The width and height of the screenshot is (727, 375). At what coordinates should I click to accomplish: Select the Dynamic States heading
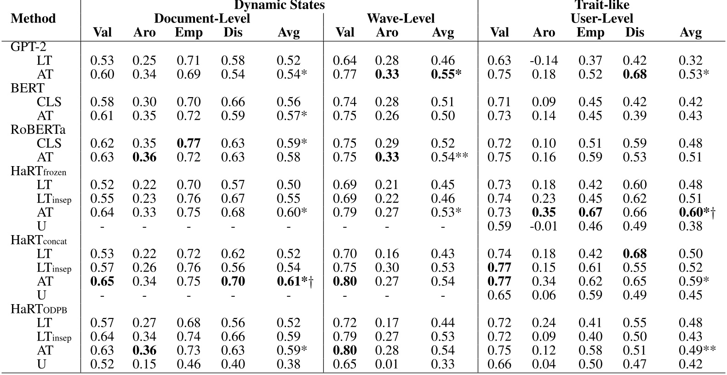(279, 5)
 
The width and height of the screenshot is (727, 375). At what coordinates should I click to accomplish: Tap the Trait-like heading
(602, 5)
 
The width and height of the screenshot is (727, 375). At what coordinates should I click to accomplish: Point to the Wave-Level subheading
(401, 18)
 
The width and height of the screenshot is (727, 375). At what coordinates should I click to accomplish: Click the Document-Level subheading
(202, 18)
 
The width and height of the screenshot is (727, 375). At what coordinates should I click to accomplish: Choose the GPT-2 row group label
(28, 46)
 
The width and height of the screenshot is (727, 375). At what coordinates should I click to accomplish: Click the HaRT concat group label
(39, 240)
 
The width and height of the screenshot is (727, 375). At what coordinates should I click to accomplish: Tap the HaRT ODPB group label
(39, 309)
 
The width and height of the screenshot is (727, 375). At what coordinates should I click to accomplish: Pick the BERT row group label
(27, 88)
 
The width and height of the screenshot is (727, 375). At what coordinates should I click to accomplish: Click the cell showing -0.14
(544, 60)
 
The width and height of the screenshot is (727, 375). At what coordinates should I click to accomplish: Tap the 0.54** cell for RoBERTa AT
(449, 157)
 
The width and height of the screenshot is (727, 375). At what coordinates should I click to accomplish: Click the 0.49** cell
(697, 350)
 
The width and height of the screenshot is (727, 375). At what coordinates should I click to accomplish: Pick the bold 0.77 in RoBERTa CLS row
(189, 143)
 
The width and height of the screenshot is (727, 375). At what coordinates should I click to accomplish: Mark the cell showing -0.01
(544, 226)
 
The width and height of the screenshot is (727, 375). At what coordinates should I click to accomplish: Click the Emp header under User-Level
(590, 32)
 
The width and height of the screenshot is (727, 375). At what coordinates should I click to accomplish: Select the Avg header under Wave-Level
(443, 32)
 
